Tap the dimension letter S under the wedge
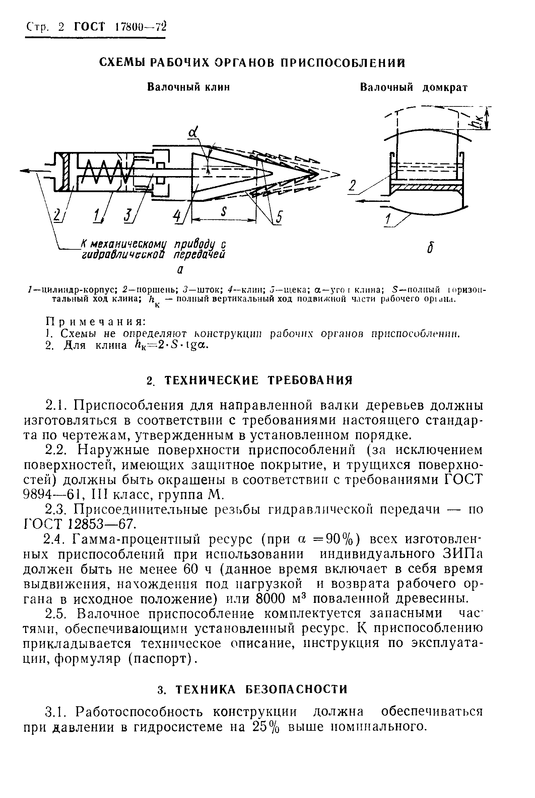tap(224, 212)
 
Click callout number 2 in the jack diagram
tap(352, 186)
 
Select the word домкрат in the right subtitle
tap(445, 88)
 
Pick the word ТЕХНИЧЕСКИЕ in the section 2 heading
tap(211, 380)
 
